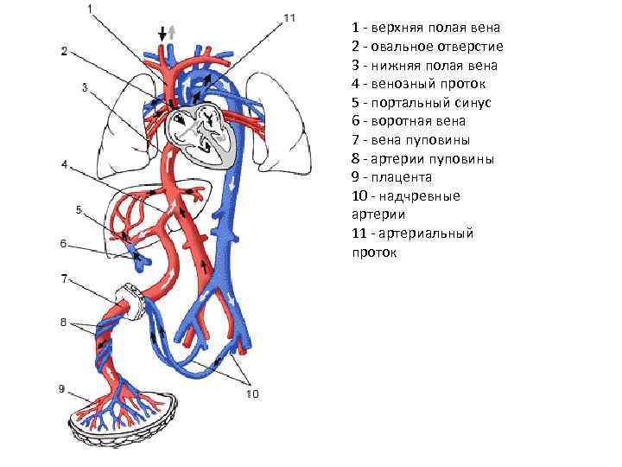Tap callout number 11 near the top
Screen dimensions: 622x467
pos(289,17)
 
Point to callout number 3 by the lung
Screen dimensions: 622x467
pos(85,86)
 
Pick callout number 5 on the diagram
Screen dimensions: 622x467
pos(79,210)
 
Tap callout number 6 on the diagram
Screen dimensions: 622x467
pos(64,245)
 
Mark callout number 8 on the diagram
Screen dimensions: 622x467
pos(64,323)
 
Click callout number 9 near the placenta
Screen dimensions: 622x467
pos(62,389)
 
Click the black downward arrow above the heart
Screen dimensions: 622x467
pos(162,33)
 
